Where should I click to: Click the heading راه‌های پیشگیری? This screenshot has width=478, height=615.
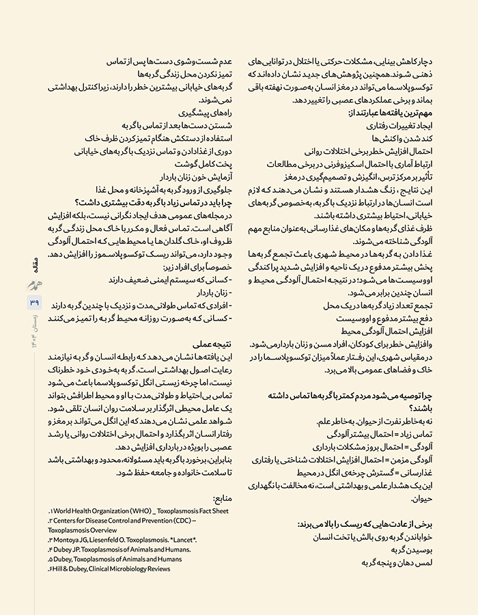(x=204, y=113)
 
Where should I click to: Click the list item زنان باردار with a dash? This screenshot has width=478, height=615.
(x=212, y=292)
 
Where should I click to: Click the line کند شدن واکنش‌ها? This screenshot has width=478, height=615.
(x=410, y=139)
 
